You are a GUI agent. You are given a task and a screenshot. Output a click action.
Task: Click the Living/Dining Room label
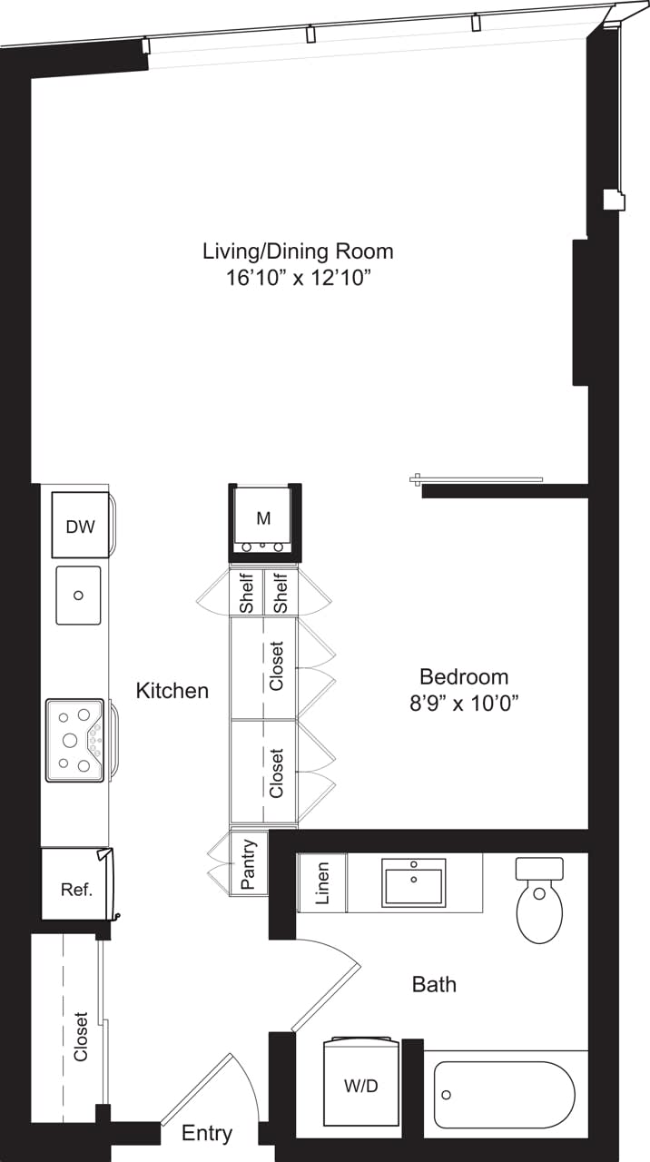[x=298, y=251]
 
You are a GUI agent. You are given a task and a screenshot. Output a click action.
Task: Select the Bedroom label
[x=463, y=676]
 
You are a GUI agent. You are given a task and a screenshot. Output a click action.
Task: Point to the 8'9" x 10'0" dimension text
[x=463, y=702]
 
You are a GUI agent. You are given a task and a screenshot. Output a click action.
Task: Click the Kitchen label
[x=172, y=691]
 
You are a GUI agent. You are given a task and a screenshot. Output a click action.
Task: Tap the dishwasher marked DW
[x=81, y=525]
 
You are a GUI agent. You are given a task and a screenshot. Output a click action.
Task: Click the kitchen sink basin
[x=78, y=596]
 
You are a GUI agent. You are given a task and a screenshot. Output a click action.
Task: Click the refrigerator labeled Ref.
[x=76, y=889]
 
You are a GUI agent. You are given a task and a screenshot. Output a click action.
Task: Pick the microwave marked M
[x=263, y=519]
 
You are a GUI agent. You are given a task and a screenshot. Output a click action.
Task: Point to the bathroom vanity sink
[x=414, y=882]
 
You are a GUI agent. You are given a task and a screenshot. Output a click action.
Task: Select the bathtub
[x=503, y=1095]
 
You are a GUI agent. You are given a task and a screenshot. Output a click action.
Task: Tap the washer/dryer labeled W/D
[x=361, y=1086]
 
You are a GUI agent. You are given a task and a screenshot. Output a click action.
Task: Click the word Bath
[x=434, y=984]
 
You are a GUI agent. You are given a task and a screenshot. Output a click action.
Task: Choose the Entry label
[x=207, y=1133]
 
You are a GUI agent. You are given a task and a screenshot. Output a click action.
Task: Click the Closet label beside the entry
[x=82, y=1037]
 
